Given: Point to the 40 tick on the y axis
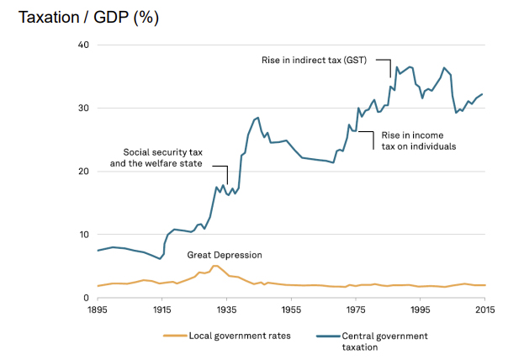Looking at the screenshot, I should (83, 45).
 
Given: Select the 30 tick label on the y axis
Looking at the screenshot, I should (83, 108).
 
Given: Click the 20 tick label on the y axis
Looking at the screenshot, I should (83, 172).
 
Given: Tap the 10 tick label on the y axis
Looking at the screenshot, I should (83, 235).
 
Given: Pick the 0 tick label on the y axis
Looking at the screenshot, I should (86, 298).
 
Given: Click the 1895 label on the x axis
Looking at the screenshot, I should (98, 310).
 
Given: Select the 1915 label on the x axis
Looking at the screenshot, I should (162, 310).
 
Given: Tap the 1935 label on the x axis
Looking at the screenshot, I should (227, 310).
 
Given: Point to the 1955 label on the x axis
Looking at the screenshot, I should (291, 310).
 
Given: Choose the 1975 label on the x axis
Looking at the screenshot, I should (356, 310).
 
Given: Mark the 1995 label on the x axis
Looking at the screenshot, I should (421, 310).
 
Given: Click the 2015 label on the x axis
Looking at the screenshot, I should (485, 310).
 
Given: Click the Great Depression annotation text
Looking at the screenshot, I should (225, 255).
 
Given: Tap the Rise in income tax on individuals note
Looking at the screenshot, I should (419, 140).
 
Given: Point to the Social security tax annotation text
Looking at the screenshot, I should (156, 157).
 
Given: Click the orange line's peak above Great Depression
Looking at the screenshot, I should (216, 266).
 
